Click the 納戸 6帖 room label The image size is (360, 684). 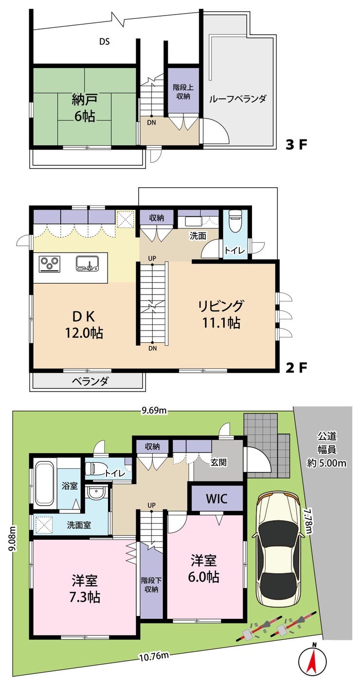(83, 108)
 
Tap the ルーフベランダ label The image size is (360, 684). (238, 99)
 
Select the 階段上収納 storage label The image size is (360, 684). (183, 91)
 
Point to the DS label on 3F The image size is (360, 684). (105, 41)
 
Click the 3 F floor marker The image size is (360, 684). (296, 145)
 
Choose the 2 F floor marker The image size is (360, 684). (296, 368)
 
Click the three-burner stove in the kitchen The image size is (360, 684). (50, 263)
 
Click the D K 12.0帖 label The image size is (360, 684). (83, 325)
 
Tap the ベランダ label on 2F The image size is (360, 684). (90, 381)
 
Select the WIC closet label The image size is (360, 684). (216, 499)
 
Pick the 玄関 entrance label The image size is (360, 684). (218, 462)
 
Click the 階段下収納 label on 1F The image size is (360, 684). (151, 584)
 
